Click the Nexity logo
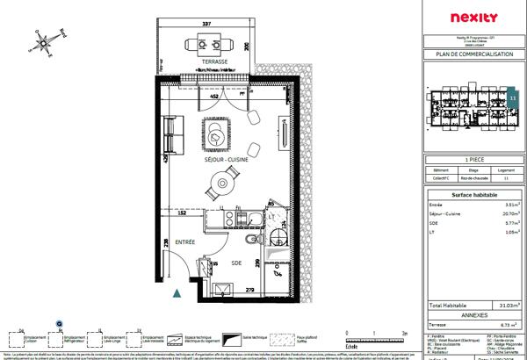point(473,17)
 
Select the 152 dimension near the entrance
point(182,212)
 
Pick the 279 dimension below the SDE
point(249,290)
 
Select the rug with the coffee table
point(216,134)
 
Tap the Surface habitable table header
point(473,194)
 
